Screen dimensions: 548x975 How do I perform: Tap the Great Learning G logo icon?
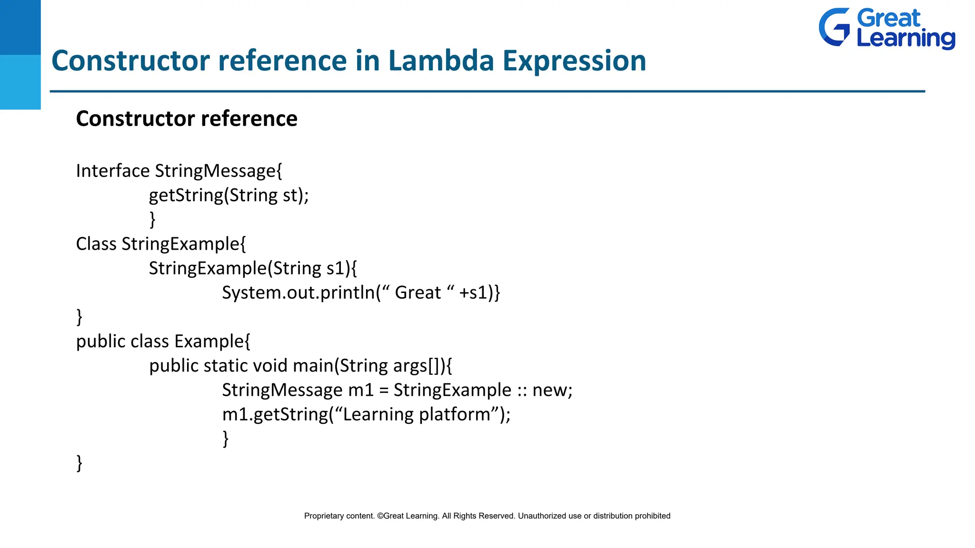[834, 27]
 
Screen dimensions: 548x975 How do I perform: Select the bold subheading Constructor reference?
[187, 118]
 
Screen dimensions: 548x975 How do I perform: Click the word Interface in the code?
[113, 171]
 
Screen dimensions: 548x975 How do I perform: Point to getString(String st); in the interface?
[229, 196]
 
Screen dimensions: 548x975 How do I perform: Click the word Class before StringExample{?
[96, 244]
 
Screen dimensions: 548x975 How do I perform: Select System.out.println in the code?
[298, 293]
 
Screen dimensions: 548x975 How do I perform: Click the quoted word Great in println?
[418, 293]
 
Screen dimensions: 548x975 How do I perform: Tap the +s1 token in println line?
[473, 293]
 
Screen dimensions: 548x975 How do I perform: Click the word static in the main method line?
[225, 366]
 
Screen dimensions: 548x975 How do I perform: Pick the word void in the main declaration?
[270, 366]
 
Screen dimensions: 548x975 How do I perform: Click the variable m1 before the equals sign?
[361, 391]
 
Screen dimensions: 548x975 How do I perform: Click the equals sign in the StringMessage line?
[384, 391]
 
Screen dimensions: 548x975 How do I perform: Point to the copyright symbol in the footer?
[380, 516]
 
